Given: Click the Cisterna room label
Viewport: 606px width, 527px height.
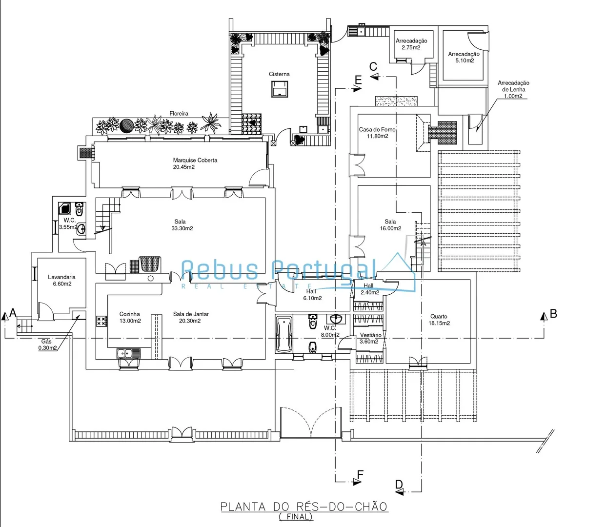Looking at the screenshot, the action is point(279,74).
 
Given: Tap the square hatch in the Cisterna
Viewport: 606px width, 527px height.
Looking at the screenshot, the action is point(279,89).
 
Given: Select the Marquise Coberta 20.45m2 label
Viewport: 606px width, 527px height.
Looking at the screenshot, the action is point(195,163).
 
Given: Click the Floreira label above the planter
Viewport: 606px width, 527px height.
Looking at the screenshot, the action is point(179,114).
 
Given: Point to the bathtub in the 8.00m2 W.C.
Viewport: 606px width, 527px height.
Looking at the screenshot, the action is point(284,334).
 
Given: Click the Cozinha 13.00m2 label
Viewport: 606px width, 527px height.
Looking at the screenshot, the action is point(130,317).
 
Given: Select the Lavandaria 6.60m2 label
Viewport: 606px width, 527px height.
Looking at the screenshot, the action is point(61,280).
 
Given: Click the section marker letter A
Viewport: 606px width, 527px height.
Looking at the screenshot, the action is point(13,313).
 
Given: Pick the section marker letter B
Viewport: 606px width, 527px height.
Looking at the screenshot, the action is point(553,314).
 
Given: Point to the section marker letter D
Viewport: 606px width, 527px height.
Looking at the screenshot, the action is point(399,485).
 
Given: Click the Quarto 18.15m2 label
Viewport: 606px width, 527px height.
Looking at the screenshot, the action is point(439,320).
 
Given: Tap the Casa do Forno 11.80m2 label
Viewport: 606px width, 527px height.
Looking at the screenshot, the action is point(377,133).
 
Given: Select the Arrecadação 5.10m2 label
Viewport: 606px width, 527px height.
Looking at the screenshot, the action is point(464,57).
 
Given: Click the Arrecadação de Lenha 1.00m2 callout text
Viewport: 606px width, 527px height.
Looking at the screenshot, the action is point(513,89).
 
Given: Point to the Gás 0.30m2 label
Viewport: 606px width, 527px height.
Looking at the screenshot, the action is point(47,345).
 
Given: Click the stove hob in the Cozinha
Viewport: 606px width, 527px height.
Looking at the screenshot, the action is point(101,321).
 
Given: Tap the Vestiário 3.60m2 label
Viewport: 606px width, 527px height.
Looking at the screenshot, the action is point(370,338).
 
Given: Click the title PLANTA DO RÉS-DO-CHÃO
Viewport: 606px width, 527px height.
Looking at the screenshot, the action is point(304,507).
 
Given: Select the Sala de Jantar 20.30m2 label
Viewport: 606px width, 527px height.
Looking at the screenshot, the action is point(191,317).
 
